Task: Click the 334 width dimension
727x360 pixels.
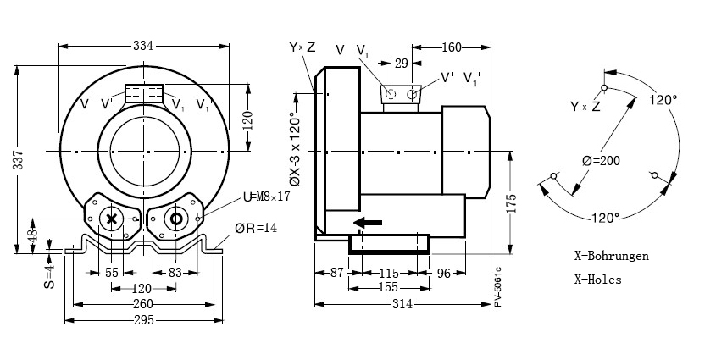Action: click(x=143, y=46)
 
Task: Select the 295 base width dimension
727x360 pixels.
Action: click(x=144, y=319)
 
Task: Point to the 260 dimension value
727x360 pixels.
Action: click(x=144, y=304)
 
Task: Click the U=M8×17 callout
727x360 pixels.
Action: click(x=266, y=197)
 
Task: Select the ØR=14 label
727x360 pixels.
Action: click(x=258, y=228)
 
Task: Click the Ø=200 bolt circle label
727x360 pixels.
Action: click(x=602, y=160)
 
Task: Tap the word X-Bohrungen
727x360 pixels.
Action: click(x=611, y=256)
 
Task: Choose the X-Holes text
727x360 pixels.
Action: click(x=597, y=279)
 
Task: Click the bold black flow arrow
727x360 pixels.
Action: click(x=367, y=223)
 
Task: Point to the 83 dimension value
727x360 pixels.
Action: click(x=175, y=274)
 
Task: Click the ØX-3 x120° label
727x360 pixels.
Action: click(x=294, y=149)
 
